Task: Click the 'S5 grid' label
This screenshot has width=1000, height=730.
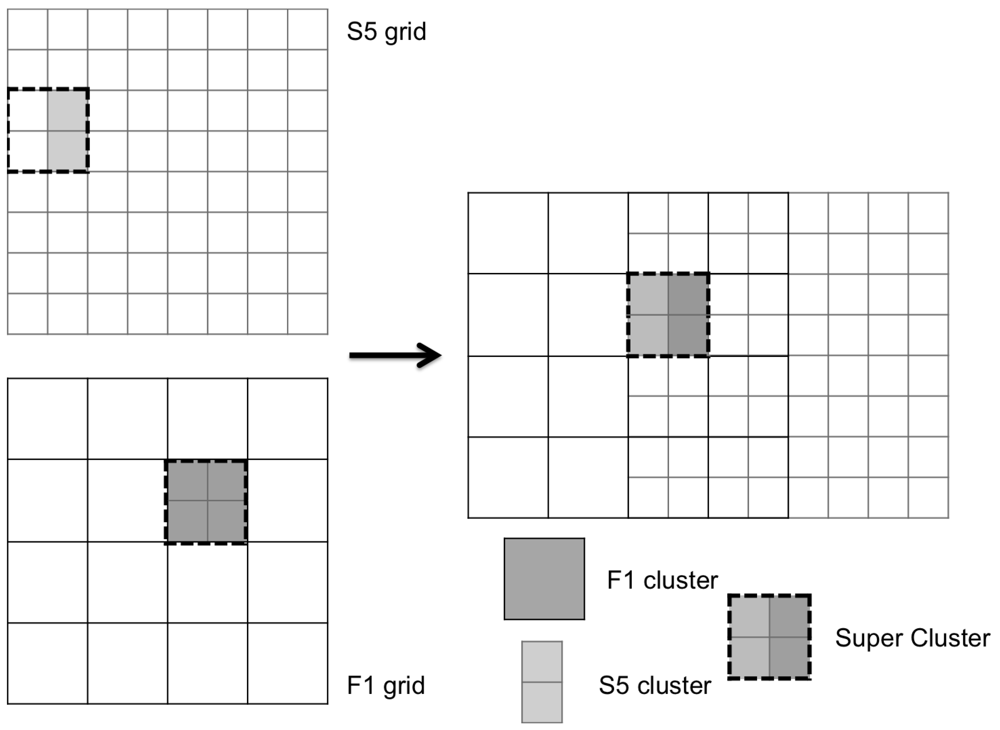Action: (x=386, y=32)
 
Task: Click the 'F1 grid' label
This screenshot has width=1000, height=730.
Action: (x=385, y=685)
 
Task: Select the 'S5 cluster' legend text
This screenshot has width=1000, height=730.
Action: (x=655, y=685)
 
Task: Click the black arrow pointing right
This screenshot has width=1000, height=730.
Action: (x=395, y=355)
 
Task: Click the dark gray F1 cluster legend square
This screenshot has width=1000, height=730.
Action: (x=544, y=579)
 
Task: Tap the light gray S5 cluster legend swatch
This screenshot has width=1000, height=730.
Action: (x=542, y=681)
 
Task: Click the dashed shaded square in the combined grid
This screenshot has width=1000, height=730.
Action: (x=668, y=315)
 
